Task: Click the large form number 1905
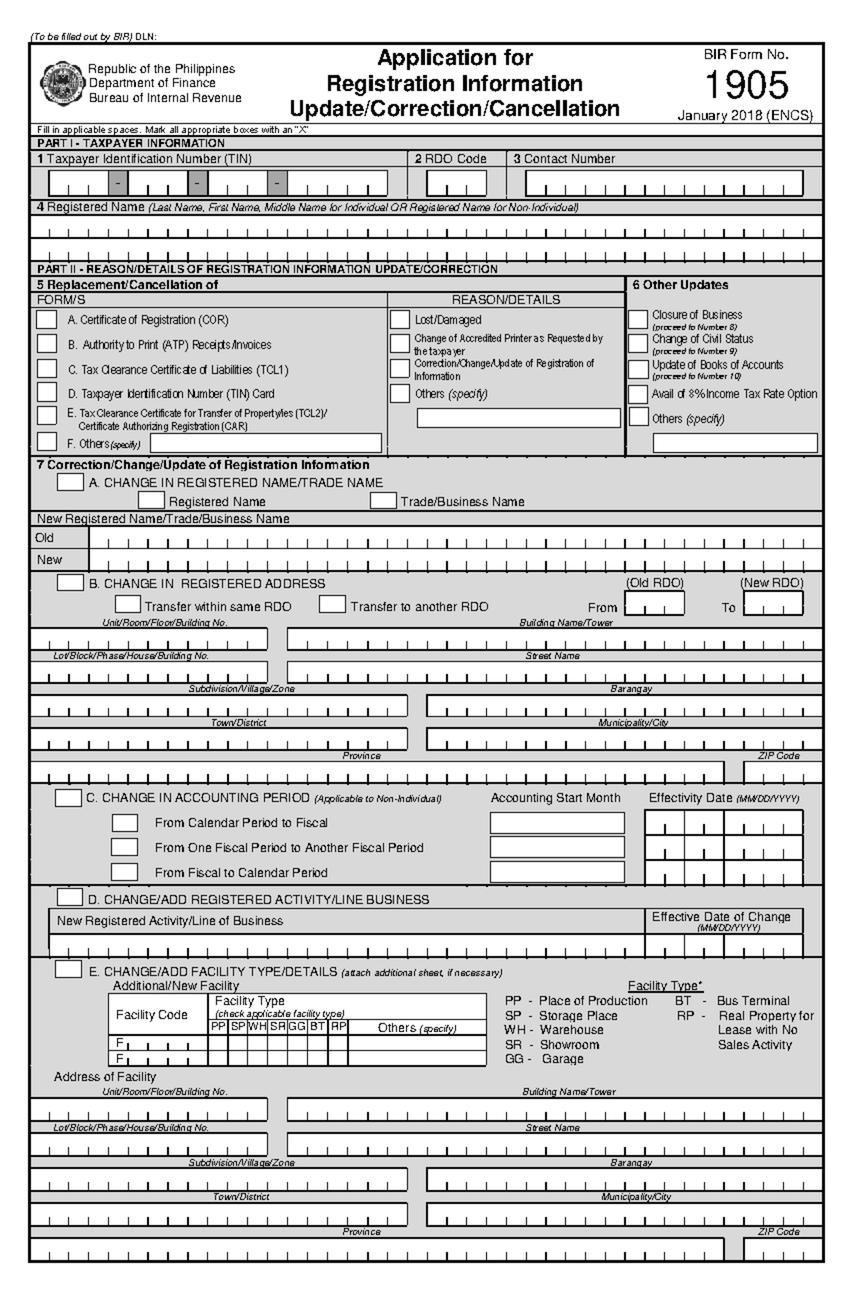pyautogui.click(x=746, y=86)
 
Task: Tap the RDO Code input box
pyautogui.click(x=456, y=183)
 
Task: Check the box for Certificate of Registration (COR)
pyautogui.click(x=47, y=320)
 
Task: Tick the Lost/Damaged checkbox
pyautogui.click(x=399, y=320)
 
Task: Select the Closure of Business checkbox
pyautogui.click(x=638, y=319)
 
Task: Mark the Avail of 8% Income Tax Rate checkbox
pyautogui.click(x=638, y=394)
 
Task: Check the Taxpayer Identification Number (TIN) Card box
pyautogui.click(x=47, y=392)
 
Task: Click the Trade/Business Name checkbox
pyautogui.click(x=383, y=501)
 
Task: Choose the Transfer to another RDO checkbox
pyautogui.click(x=332, y=605)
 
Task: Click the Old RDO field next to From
pyautogui.click(x=654, y=604)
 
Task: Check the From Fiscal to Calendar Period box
pyautogui.click(x=125, y=872)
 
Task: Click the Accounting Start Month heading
pyautogui.click(x=555, y=798)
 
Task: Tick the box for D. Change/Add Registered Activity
pyautogui.click(x=69, y=898)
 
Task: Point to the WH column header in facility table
pyautogui.click(x=257, y=1026)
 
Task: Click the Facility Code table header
pyautogui.click(x=152, y=1015)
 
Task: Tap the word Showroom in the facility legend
pyautogui.click(x=569, y=1044)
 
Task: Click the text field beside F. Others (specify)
pyautogui.click(x=266, y=443)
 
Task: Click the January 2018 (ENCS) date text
pyautogui.click(x=744, y=115)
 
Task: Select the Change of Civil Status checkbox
pyautogui.click(x=638, y=343)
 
